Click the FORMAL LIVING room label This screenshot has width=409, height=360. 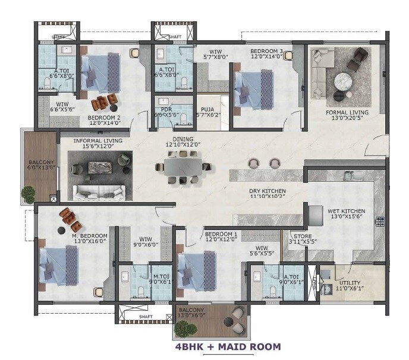(x=347, y=112)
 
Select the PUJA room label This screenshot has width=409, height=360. (x=207, y=109)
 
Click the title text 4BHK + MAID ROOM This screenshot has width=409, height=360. (x=228, y=346)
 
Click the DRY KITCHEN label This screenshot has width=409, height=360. (x=267, y=191)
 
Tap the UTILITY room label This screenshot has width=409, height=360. (x=350, y=282)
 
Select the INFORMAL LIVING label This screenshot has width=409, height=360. (x=98, y=141)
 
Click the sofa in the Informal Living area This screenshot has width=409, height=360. (x=99, y=192)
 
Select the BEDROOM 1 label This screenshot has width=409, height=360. (x=221, y=234)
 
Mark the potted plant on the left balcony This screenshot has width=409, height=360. (x=28, y=194)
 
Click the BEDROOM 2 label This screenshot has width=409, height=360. (x=104, y=118)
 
